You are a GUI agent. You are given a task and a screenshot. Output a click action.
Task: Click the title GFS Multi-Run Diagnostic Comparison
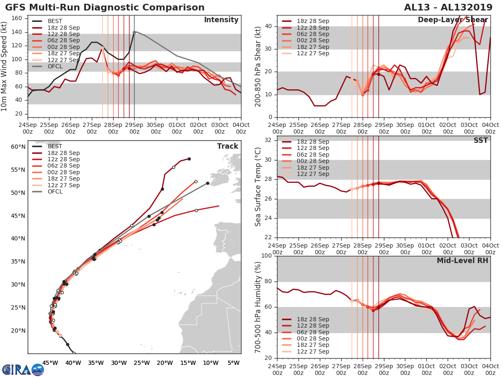(x=105, y=8)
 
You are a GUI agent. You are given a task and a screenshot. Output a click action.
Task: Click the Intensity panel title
(x=221, y=20)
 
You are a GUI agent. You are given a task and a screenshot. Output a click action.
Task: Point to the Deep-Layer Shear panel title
(x=453, y=20)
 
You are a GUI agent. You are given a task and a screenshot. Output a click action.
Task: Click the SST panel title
(x=481, y=140)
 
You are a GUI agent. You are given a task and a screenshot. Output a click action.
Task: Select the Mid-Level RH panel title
(x=462, y=261)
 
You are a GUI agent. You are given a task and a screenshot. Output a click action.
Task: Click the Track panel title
(x=228, y=146)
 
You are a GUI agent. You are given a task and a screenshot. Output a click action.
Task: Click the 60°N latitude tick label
(x=18, y=147)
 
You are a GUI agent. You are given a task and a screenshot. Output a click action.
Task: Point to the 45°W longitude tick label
(x=50, y=363)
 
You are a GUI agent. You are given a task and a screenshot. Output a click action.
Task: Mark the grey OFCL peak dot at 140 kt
(x=134, y=32)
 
